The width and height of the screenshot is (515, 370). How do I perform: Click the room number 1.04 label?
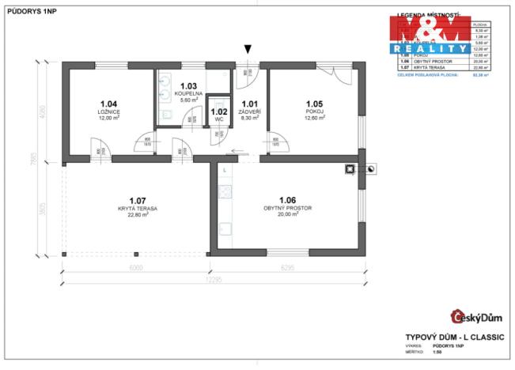[x=109, y=104]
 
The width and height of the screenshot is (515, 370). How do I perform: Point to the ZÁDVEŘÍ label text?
[x=250, y=111]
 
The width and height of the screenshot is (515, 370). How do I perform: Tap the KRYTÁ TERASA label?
[x=138, y=208]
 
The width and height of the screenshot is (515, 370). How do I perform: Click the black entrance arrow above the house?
[x=248, y=50]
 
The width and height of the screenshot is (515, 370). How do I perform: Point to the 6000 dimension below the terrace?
[x=135, y=267]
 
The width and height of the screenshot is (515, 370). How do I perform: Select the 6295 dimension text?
[x=287, y=267]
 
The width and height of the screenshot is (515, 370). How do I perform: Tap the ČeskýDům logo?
[x=476, y=318]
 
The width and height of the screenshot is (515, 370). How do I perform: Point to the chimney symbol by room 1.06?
[x=349, y=168]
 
